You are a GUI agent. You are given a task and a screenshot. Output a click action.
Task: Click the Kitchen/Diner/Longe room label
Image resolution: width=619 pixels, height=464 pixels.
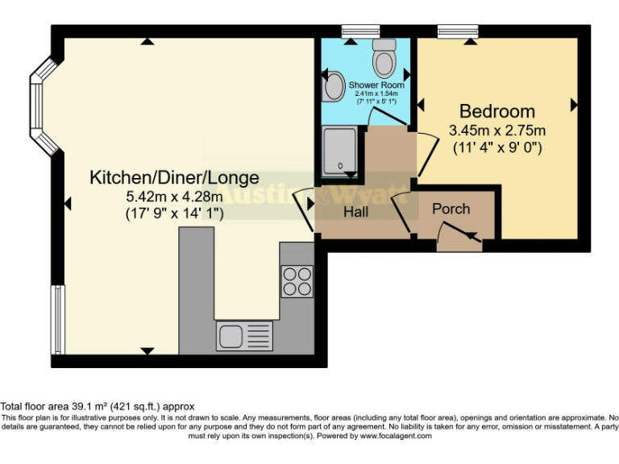[x=174, y=177]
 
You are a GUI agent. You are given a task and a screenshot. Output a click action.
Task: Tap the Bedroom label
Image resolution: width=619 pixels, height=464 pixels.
[x=496, y=111]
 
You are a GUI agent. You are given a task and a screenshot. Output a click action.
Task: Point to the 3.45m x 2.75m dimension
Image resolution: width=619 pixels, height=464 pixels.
[x=496, y=130]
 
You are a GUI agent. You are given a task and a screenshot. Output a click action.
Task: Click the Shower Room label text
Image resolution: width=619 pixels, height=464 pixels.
[x=376, y=85]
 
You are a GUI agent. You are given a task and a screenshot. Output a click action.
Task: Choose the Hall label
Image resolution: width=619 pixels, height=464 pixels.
[x=355, y=213]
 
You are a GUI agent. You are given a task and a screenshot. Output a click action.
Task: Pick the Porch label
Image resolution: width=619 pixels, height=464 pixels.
[x=451, y=209]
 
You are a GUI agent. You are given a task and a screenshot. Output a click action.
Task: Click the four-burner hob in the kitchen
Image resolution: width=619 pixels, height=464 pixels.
[x=297, y=280]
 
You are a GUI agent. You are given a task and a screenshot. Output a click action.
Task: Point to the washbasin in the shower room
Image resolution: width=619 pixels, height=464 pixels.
[x=331, y=86]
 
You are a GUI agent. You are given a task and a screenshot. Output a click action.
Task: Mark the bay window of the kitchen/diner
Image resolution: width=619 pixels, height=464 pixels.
[x=38, y=108]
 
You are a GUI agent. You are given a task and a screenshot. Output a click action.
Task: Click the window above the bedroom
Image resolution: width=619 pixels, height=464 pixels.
[x=459, y=31]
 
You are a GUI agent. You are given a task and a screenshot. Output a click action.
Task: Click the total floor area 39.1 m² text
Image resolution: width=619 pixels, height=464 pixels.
[x=98, y=407]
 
